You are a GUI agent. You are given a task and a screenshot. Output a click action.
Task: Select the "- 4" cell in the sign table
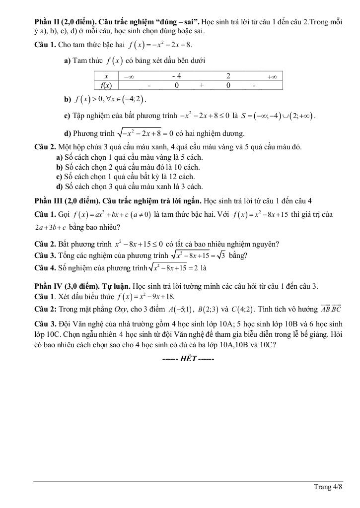click(176, 76)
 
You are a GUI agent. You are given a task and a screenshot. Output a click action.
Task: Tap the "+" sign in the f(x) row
click(202, 85)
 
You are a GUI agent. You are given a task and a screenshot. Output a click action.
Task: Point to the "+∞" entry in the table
click(272, 76)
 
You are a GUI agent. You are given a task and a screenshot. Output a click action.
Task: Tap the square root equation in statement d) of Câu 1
click(145, 133)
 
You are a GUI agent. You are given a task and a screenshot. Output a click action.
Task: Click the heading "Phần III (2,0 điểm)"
click(67, 200)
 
